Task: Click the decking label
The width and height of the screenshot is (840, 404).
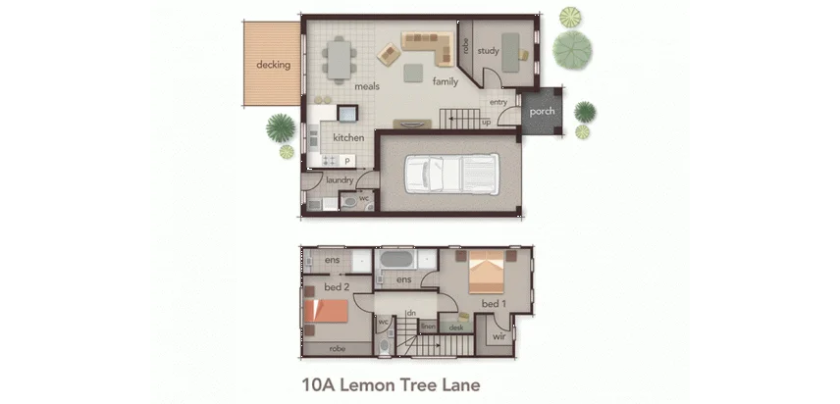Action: click(273, 65)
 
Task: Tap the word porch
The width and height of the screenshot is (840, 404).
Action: click(542, 112)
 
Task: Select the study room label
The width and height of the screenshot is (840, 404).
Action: click(488, 51)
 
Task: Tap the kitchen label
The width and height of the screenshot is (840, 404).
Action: click(348, 137)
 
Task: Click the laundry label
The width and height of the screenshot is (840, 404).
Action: click(340, 180)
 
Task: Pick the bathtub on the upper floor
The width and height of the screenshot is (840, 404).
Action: click(397, 261)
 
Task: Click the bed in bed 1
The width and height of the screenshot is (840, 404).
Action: click(488, 273)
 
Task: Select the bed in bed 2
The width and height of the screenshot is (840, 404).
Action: click(327, 312)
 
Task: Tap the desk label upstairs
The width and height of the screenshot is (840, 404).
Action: click(455, 328)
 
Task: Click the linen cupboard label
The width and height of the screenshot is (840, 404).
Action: click(428, 326)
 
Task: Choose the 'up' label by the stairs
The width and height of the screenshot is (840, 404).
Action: click(487, 123)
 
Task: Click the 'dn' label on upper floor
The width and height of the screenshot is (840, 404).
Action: click(412, 313)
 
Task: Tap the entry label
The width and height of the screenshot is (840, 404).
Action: click(498, 102)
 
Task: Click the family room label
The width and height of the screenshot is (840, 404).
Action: click(445, 81)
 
